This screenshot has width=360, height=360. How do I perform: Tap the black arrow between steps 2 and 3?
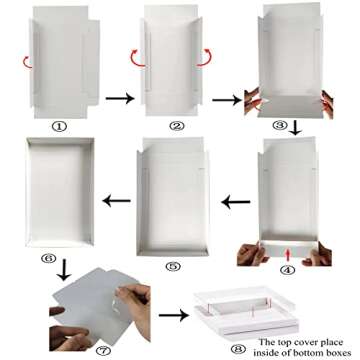click(236, 99)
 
